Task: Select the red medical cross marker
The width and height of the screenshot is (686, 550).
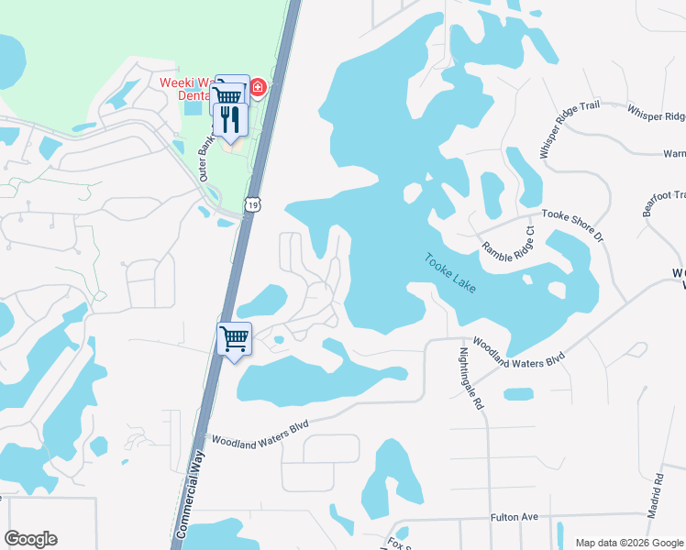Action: pos(259,88)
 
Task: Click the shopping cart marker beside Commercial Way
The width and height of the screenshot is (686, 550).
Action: pos(234,338)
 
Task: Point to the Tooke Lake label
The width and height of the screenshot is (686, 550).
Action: pos(450,272)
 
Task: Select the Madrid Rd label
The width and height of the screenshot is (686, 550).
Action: pos(656,496)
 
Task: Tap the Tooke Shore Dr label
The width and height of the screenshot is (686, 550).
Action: pos(573,224)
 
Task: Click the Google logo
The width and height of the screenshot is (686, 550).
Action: pos(30,539)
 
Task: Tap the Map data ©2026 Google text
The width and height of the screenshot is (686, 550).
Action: pos(628,543)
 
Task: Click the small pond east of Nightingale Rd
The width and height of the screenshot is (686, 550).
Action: pos(518,394)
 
